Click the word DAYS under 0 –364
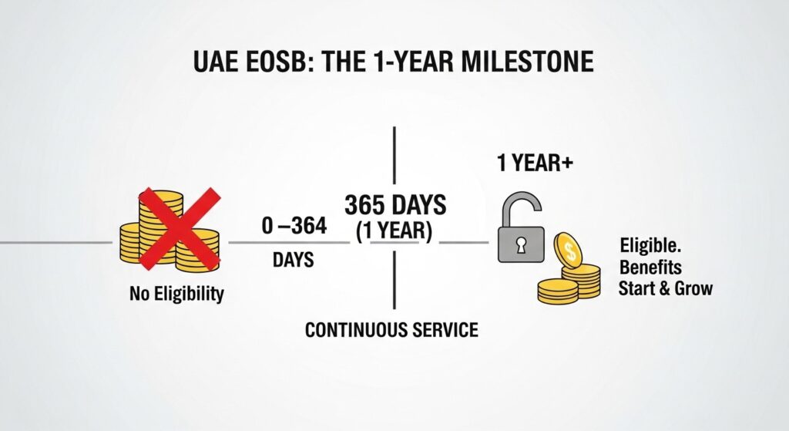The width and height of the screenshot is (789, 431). (x=293, y=261)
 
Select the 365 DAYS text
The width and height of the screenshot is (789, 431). (x=395, y=206)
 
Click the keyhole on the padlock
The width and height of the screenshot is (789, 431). (x=521, y=246)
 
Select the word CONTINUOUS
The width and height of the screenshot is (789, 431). (x=351, y=330)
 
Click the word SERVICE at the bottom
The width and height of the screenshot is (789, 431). (x=441, y=330)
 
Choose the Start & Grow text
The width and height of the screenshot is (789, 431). (x=665, y=289)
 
